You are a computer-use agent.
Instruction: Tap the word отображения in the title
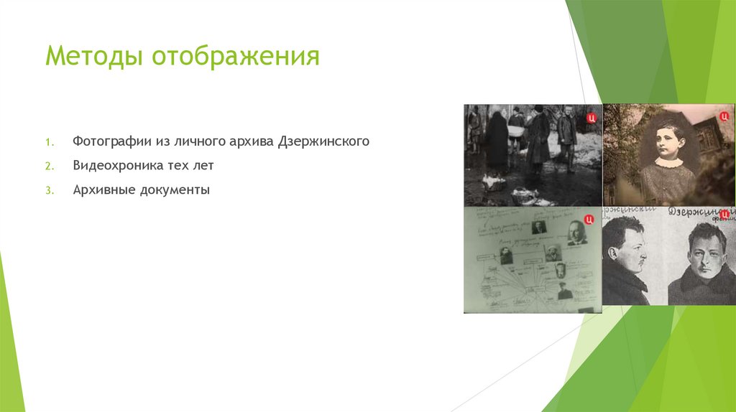tap(235, 56)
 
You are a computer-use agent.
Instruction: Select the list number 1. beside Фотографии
tap(50, 142)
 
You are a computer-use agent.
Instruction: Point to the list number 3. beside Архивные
tap(50, 191)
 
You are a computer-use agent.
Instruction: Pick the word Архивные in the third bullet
tap(101, 190)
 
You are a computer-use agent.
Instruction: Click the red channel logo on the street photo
tap(591, 115)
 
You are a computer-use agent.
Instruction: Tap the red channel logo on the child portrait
tap(724, 115)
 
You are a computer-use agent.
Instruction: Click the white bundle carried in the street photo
tap(516, 131)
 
